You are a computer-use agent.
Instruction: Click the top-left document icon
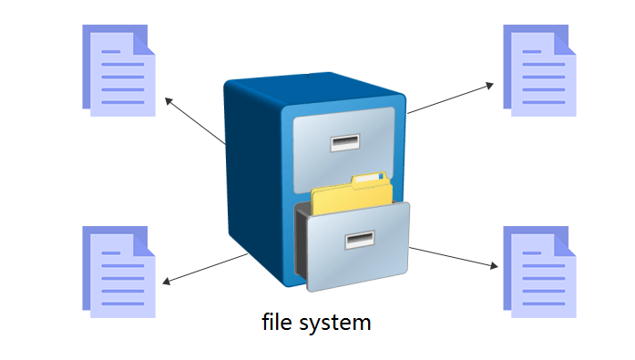coord(118,70)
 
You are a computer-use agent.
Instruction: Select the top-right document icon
coord(539,70)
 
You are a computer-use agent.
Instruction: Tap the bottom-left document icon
coord(118,271)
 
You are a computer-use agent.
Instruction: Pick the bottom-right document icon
coord(539,271)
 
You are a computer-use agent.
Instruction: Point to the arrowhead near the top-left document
coord(167,98)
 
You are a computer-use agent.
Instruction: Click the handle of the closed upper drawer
coord(346,142)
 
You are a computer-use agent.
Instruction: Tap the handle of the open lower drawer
coord(359,241)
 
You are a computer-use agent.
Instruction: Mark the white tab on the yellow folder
coord(369,179)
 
